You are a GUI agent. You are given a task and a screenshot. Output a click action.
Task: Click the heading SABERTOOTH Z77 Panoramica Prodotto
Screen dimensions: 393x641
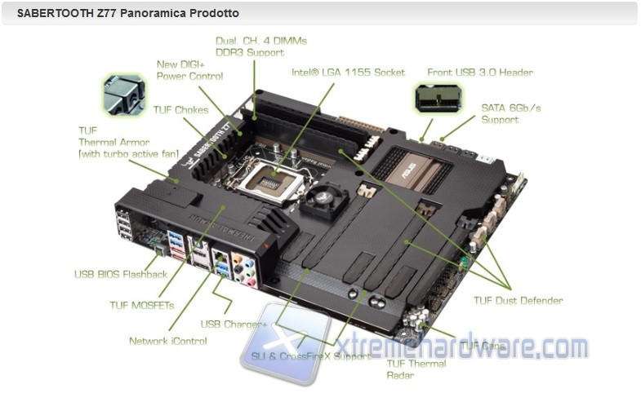coord(128,14)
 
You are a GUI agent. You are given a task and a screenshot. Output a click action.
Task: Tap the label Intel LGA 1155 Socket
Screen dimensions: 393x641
coord(348,73)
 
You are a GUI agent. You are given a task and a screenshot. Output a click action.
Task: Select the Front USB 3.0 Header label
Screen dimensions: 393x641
coord(479,73)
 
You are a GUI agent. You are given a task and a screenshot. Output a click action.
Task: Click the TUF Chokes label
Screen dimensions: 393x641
coord(180,110)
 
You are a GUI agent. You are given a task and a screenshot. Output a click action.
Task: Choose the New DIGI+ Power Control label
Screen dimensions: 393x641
coord(189,70)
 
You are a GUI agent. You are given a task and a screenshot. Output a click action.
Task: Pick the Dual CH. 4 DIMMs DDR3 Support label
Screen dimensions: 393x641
coord(260,46)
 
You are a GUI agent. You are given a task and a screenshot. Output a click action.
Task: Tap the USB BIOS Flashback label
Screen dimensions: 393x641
coord(120,275)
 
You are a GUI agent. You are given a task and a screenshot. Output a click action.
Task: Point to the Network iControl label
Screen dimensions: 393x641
coord(167,341)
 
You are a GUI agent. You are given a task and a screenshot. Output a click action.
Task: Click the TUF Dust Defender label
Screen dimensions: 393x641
coord(518,301)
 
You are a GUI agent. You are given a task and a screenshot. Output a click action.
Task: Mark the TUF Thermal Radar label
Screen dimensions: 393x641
coord(416,369)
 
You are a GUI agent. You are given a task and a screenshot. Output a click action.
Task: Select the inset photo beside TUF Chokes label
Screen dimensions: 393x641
coord(123,95)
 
